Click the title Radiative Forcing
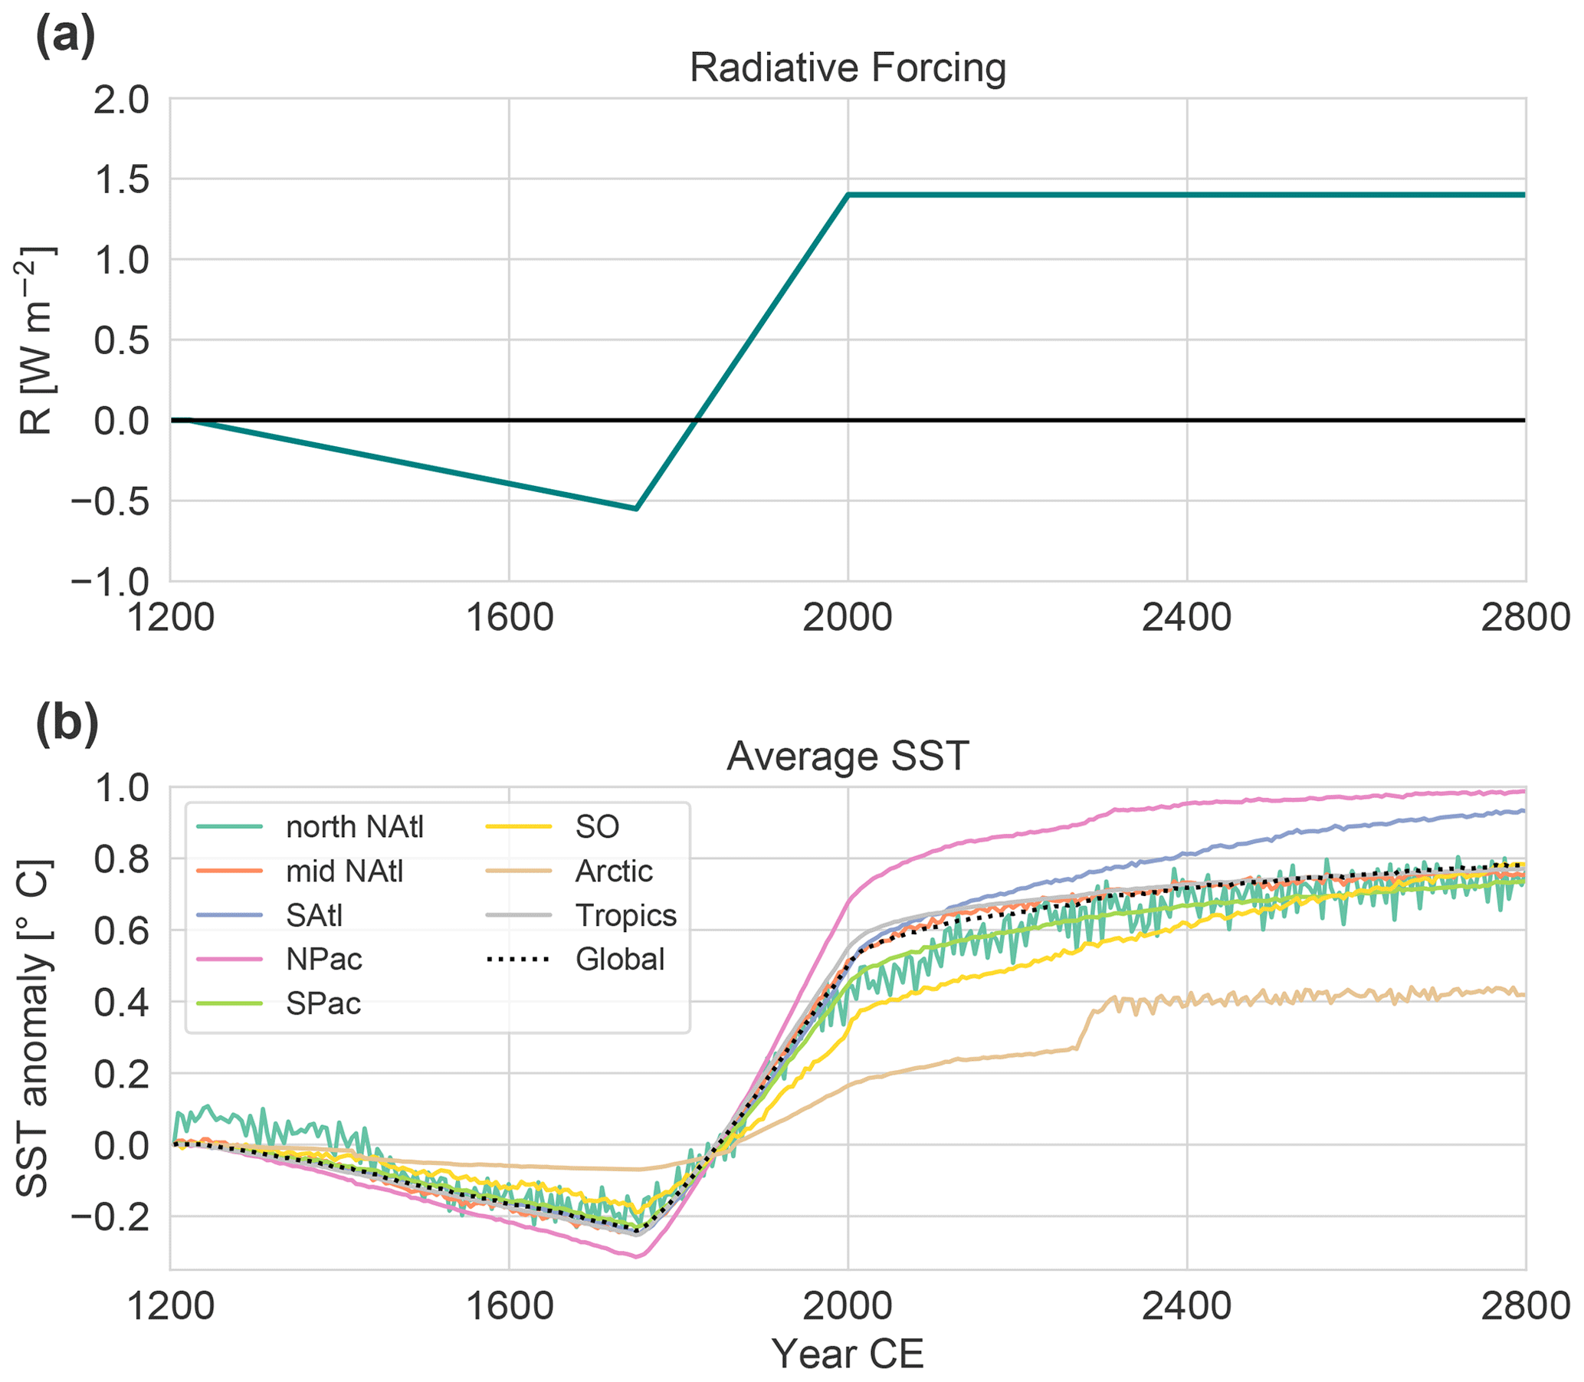848,68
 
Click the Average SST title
848,757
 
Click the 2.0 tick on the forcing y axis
121,100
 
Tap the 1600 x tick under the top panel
509,619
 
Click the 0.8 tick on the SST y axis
121,859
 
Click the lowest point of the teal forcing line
636,508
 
